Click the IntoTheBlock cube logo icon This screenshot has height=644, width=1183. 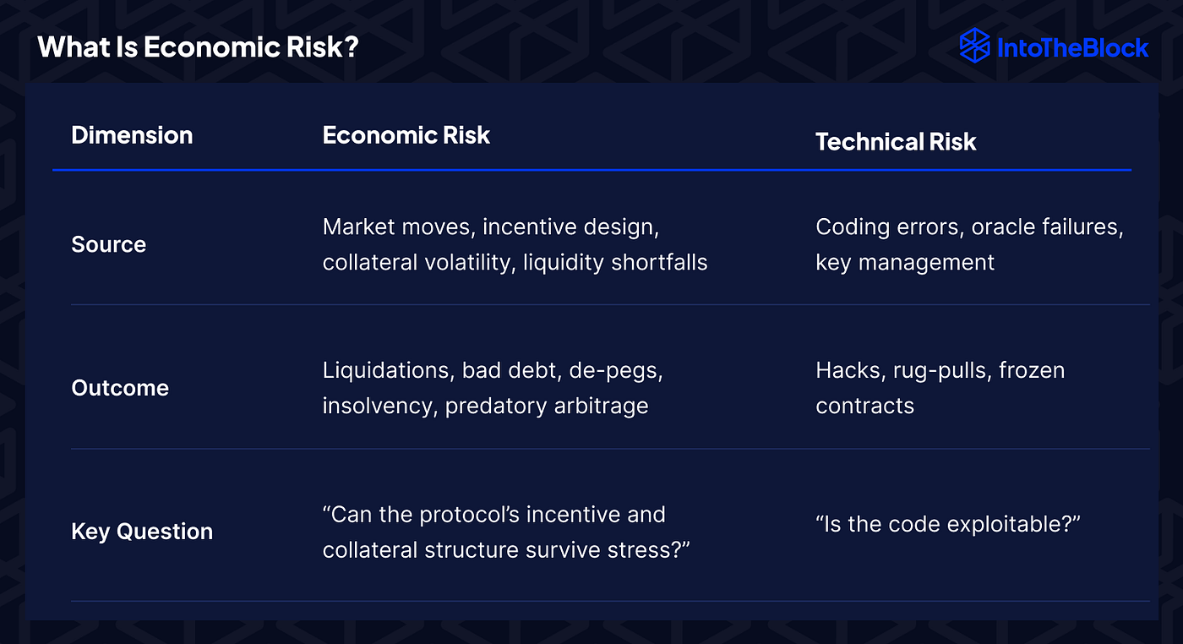[x=975, y=46]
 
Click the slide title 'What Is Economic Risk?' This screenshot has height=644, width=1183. [x=198, y=46]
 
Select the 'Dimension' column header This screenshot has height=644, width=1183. [x=132, y=135]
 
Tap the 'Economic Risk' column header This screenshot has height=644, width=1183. [x=406, y=135]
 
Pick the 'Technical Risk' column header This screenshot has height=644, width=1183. [x=895, y=142]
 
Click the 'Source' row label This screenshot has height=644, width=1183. [x=108, y=244]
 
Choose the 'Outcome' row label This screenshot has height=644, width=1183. [x=120, y=388]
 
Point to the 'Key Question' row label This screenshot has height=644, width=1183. [x=142, y=532]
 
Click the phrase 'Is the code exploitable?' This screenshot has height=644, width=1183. [x=948, y=524]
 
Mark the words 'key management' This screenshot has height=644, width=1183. [x=905, y=262]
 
